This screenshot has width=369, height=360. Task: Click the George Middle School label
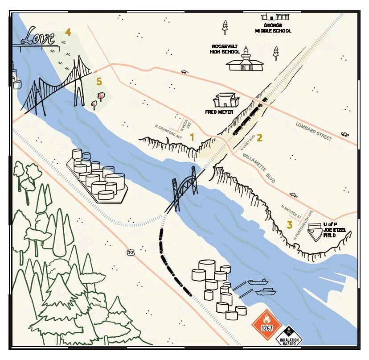coord(273,28)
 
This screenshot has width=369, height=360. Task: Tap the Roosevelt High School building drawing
coord(245,61)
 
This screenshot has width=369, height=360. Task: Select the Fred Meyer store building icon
coord(226,100)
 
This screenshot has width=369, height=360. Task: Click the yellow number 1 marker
coord(192,137)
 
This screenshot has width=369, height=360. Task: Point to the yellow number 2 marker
coord(259,138)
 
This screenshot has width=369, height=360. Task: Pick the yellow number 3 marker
coord(290,224)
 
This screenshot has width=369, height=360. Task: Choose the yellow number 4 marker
coord(68,32)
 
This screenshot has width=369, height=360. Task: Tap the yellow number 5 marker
coord(99,81)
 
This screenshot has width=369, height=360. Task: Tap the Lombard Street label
coord(314,131)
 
